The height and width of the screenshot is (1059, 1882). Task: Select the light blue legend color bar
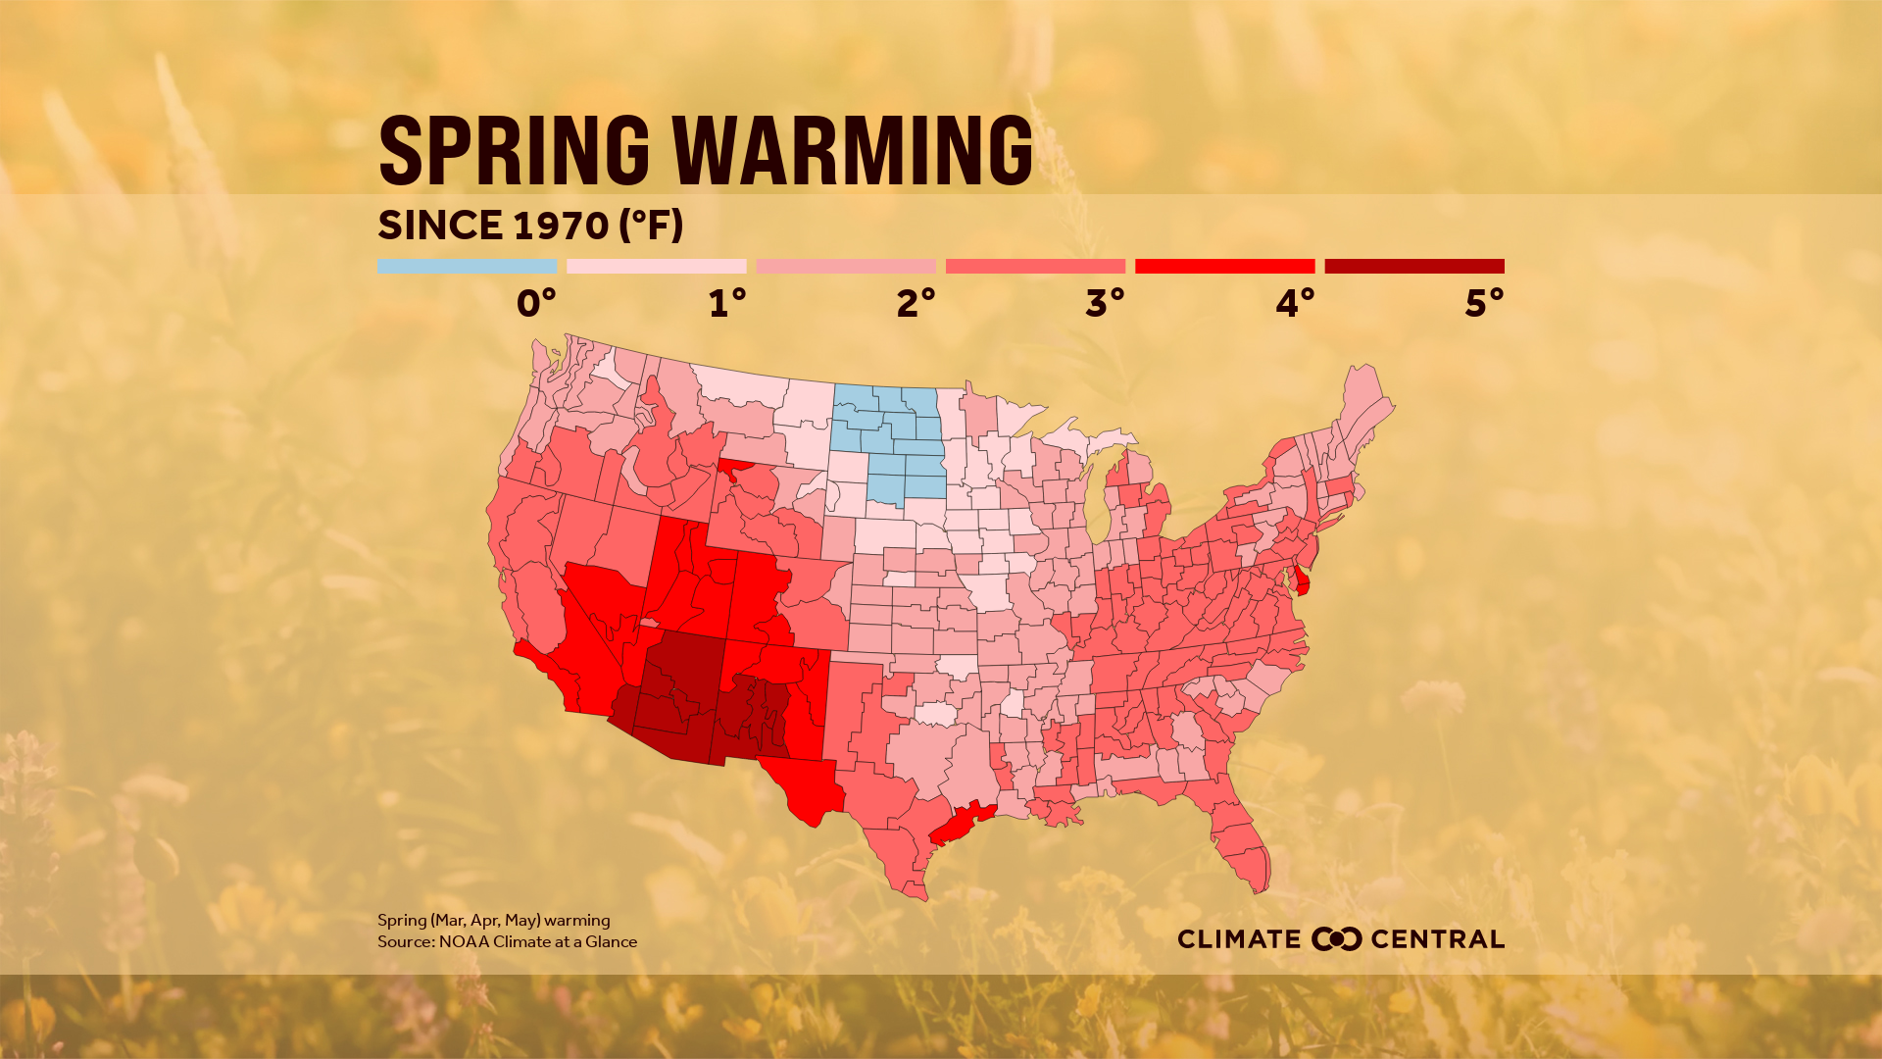[x=467, y=266]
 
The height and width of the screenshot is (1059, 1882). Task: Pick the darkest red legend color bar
[x=1413, y=266]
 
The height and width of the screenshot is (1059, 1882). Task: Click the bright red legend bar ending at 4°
[x=1224, y=266]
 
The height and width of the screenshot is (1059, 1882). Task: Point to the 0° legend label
[x=535, y=303]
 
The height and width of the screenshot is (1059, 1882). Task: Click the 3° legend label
[x=1104, y=303]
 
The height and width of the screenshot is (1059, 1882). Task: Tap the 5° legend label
[x=1483, y=303]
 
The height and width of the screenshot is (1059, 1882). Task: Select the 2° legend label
[x=915, y=303]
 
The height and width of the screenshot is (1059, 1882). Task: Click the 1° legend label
[x=726, y=303]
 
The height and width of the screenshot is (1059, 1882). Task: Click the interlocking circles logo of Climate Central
[x=1336, y=938]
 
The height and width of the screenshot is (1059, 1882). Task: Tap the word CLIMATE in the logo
[x=1239, y=939]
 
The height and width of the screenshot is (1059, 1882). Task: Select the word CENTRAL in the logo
[x=1437, y=939]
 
